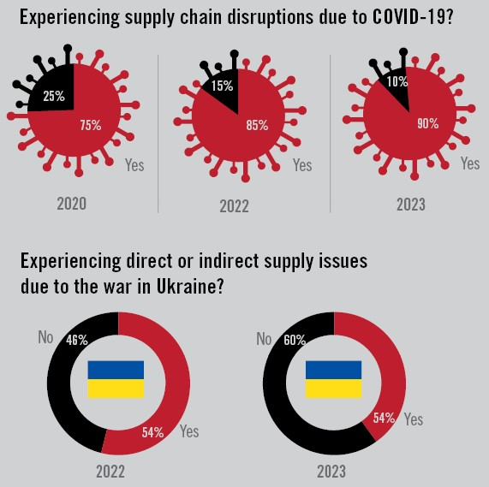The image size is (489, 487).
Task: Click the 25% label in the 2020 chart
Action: tap(54, 97)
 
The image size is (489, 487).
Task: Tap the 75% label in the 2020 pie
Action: tap(90, 125)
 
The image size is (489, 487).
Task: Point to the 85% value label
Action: tap(257, 125)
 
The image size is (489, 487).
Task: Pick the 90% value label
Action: tap(428, 123)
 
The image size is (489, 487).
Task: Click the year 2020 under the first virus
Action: tap(72, 205)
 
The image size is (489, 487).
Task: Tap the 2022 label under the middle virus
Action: tap(234, 205)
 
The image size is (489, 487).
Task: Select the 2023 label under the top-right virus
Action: tap(410, 205)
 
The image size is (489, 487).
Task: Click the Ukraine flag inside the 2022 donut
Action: tap(116, 379)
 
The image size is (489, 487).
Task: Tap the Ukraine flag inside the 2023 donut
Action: tap(333, 379)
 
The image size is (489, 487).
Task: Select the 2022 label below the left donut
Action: tap(110, 471)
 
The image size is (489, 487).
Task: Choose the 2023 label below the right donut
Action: tap(331, 471)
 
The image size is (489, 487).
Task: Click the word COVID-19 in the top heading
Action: tap(410, 18)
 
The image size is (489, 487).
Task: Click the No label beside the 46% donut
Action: tap(46, 337)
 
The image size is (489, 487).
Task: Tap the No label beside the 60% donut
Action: tap(265, 338)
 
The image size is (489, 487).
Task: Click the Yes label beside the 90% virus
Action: tap(470, 163)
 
